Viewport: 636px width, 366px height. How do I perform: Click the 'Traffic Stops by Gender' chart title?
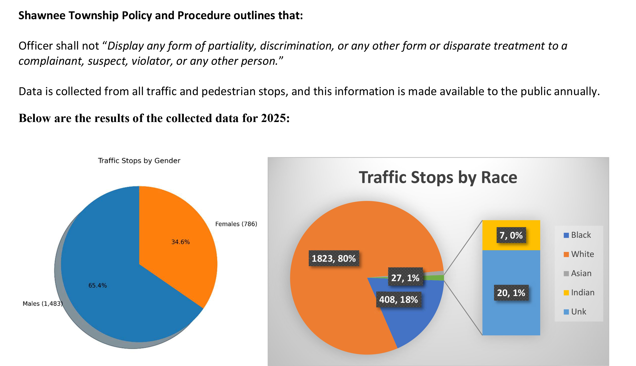[139, 161]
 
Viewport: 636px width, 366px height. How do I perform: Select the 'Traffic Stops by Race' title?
[438, 178]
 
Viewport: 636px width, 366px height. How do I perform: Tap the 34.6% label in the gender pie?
[180, 242]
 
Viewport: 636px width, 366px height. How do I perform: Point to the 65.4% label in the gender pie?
[98, 285]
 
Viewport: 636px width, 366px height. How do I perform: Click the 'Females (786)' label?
[236, 224]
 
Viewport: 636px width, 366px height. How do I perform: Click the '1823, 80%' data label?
[334, 258]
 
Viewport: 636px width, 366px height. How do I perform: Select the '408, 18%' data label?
[398, 299]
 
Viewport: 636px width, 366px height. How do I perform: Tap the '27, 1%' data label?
[405, 278]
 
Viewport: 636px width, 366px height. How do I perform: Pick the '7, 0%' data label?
[511, 235]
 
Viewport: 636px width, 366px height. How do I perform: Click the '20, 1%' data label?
[511, 293]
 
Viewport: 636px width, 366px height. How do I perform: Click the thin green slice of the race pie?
[437, 278]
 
